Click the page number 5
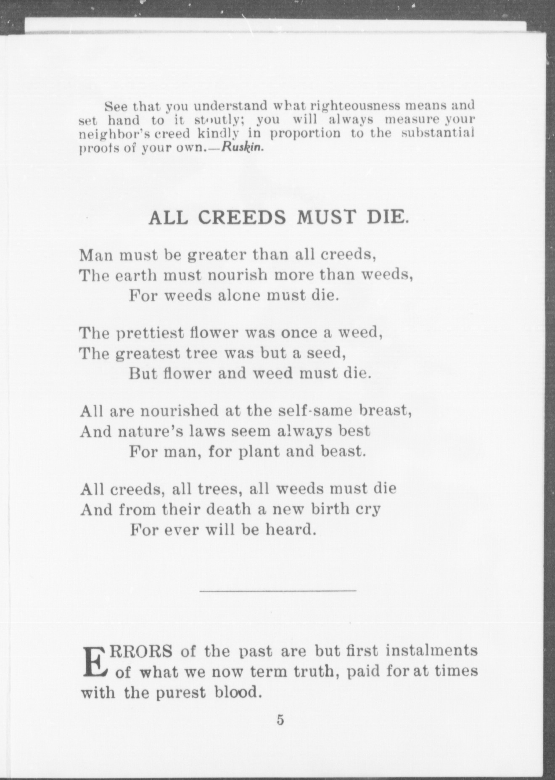pos(280,720)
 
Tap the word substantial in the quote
pos(437,134)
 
